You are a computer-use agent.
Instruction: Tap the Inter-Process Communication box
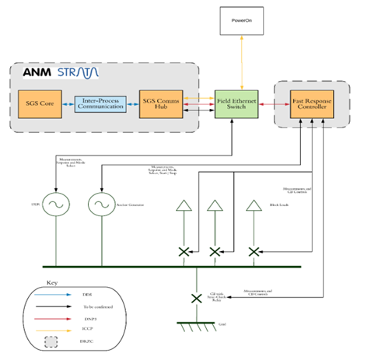click(100, 103)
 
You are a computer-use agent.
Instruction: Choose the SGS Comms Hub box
click(161, 103)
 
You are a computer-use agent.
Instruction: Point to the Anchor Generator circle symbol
click(102, 205)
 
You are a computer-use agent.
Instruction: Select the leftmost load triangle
click(184, 206)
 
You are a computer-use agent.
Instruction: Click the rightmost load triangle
click(253, 206)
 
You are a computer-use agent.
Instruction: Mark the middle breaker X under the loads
click(215, 252)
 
